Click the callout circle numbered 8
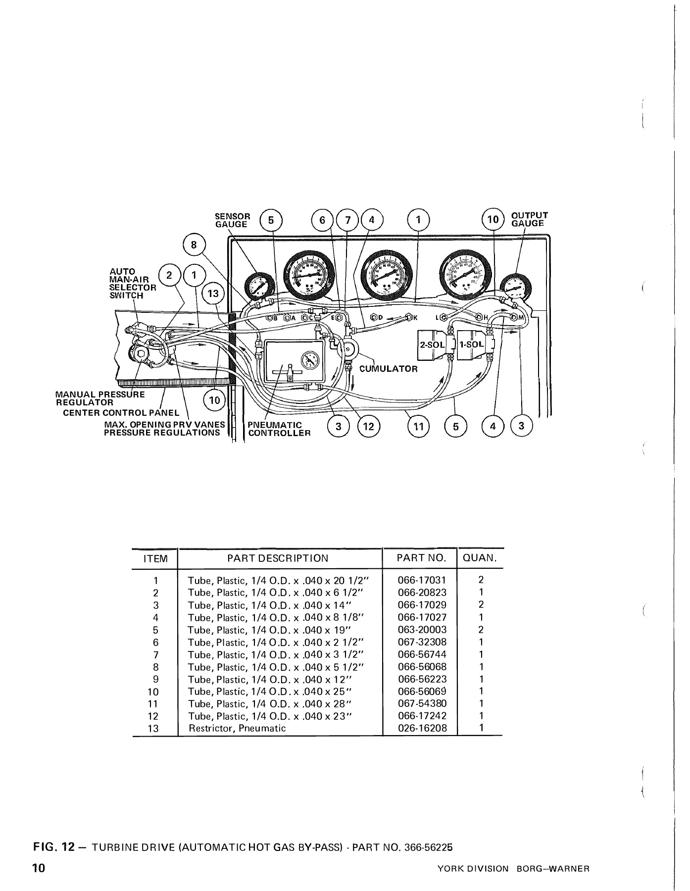pos(194,245)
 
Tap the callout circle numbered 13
pos(213,293)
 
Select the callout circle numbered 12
pos(368,426)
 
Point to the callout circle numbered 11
pos(418,426)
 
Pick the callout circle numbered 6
pos(322,220)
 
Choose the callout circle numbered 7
pos(348,220)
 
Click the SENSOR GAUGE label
pos(233,220)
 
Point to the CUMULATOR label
pos(388,369)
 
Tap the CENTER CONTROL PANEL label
pos(121,413)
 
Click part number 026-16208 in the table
pos(422,728)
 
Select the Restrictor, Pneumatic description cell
pos(238,728)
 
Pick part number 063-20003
pos(422,630)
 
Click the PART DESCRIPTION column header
pos(277,558)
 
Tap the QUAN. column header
pos(479,558)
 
